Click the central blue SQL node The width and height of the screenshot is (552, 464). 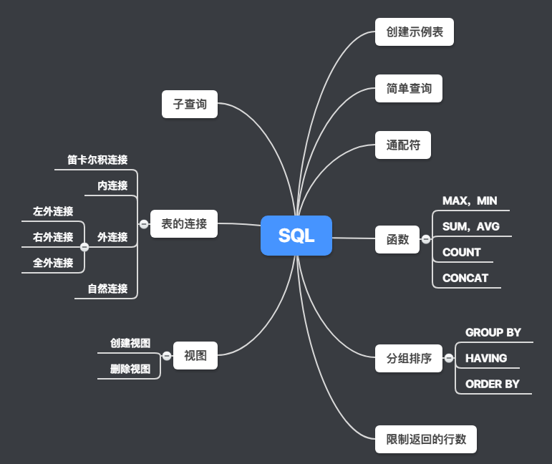pos(296,236)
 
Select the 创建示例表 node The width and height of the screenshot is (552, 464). pos(415,32)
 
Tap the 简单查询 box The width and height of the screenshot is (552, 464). pos(409,89)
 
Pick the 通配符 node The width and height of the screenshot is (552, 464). pos(403,145)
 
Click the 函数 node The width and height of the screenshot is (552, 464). pos(397,240)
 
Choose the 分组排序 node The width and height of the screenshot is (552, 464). pos(409,358)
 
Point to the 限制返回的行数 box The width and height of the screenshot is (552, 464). pos(426,439)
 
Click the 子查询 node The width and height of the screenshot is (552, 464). pos(190,105)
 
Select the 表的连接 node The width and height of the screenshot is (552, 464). pos(184,224)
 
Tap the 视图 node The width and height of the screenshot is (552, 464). pos(195,356)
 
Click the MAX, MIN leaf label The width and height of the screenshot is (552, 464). pos(470,201)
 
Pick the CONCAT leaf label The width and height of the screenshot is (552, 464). pos(465,278)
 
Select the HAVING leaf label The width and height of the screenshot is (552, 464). pos(486,358)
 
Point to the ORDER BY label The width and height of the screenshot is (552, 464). pos(493,384)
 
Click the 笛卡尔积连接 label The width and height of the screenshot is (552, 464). pos(97,160)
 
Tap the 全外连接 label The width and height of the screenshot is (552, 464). pos(53,263)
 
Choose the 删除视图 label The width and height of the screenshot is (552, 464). pos(130,369)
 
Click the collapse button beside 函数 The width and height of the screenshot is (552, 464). pos(426,240)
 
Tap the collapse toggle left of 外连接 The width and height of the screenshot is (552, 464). pos(84,247)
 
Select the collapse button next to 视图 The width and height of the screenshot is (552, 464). pos(167,356)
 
